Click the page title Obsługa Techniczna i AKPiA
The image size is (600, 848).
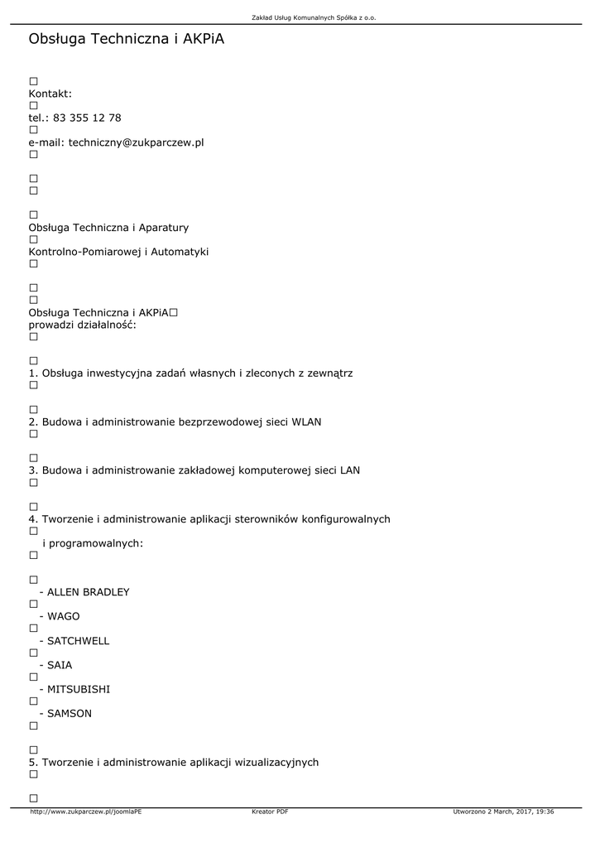(x=127, y=39)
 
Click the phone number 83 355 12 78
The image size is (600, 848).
(x=87, y=118)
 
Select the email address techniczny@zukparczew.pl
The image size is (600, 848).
(x=136, y=142)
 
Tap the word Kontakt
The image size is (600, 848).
(x=50, y=94)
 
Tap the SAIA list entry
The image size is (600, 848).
(x=60, y=665)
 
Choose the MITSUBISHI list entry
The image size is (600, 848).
(x=79, y=689)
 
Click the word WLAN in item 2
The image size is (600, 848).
(x=306, y=422)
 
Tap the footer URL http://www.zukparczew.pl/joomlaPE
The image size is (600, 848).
(x=86, y=812)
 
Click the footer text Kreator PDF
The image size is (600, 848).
(x=270, y=812)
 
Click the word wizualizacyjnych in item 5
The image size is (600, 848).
(x=277, y=762)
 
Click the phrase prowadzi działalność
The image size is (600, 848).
(x=83, y=325)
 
